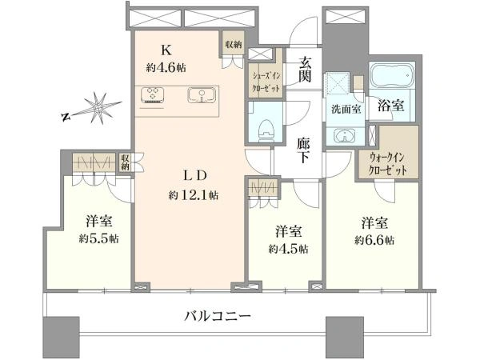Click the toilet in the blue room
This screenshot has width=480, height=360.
coord(266,131)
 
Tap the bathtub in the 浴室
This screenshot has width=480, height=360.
coord(392,75)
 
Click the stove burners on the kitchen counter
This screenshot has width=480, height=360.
coord(152,94)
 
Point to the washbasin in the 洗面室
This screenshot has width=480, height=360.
coord(345,135)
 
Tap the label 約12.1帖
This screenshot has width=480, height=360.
coord(193,194)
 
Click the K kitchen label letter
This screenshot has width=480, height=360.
coord(166,50)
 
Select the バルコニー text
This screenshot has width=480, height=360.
coord(218,316)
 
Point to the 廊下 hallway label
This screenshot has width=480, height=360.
coord(303,150)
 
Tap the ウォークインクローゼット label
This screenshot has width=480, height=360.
coord(387,164)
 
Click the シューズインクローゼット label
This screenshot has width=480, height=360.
coord(266,82)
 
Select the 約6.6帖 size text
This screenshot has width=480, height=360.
coord(374,240)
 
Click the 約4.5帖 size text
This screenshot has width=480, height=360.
coord(288,249)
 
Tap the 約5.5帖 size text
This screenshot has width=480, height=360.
coord(99,238)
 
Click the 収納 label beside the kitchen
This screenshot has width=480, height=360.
coord(234,45)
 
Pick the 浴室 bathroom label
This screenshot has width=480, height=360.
coord(390,106)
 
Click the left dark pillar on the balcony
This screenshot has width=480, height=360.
coord(62,334)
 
